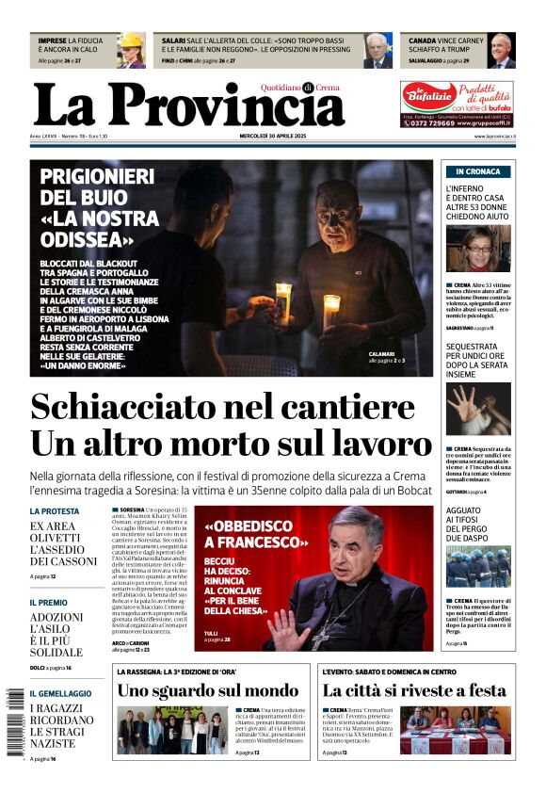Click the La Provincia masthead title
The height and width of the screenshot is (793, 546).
(x=188, y=105)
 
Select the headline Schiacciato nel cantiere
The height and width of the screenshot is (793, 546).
(x=222, y=407)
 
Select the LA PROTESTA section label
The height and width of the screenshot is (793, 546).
(x=55, y=511)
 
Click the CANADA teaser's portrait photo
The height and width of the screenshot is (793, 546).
(x=502, y=51)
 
